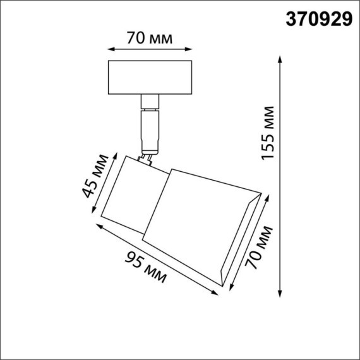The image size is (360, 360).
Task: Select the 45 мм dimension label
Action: [92, 181]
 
